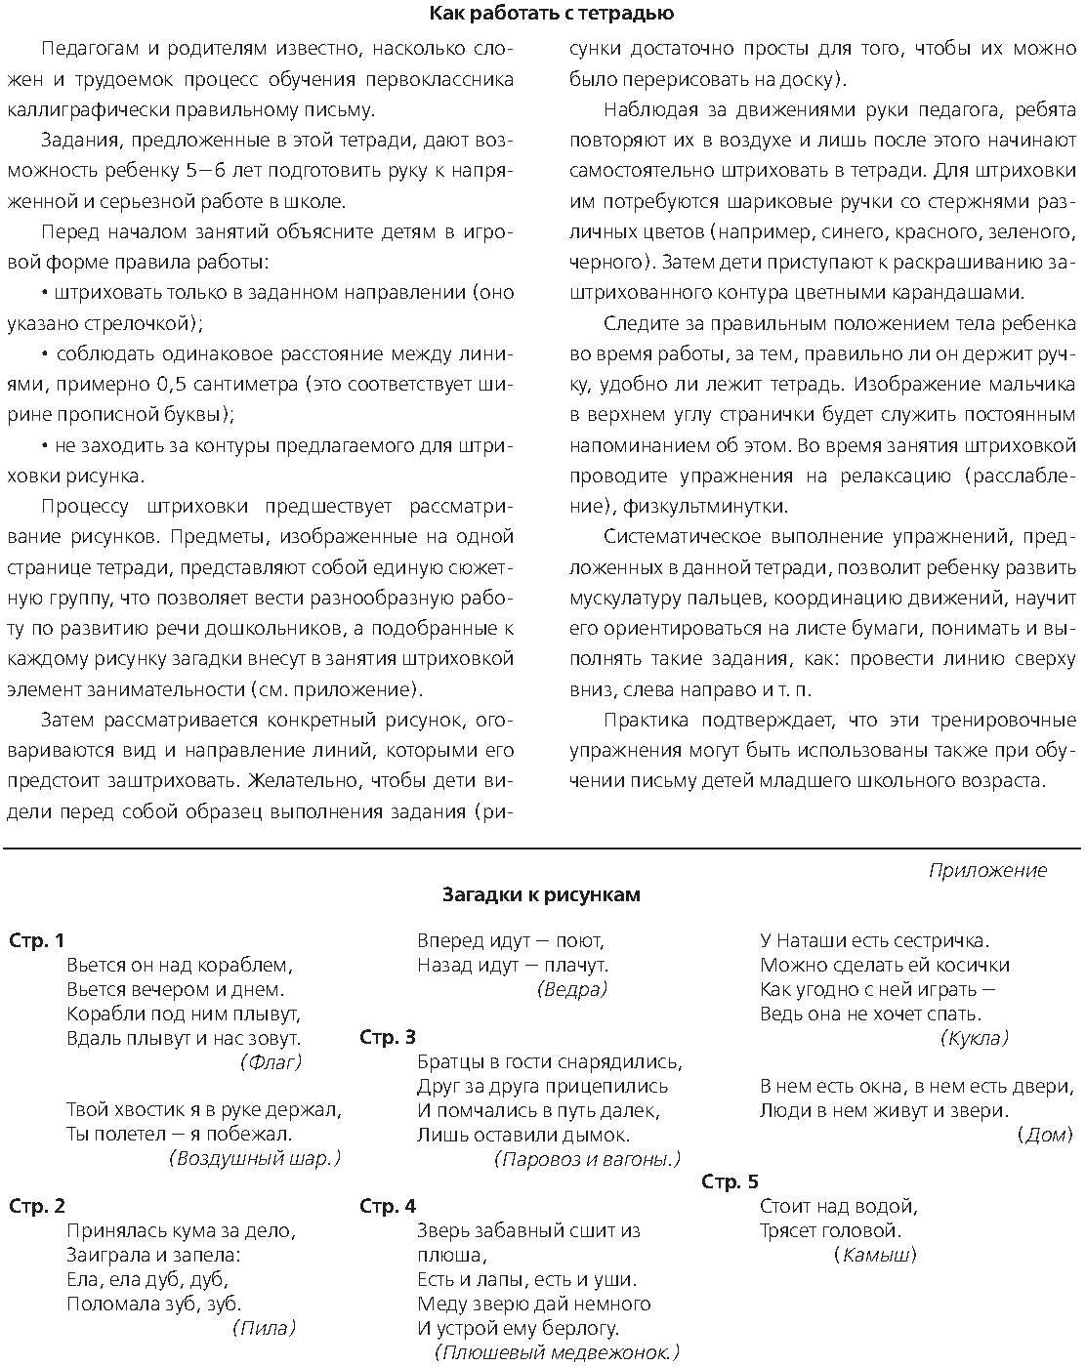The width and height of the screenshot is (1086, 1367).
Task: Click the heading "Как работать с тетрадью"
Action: pos(551,14)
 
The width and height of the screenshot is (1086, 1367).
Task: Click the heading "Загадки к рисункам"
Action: pos(542,894)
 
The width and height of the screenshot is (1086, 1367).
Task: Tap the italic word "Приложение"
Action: pos(986,870)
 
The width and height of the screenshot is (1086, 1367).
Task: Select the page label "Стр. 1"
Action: pos(36,941)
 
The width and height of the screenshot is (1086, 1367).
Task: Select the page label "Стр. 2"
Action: pos(36,1206)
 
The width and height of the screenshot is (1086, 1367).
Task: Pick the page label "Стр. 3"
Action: pos(388,1037)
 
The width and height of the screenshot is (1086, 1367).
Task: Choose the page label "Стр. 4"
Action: pos(388,1206)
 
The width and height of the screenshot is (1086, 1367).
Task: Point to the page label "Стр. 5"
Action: pos(730,1182)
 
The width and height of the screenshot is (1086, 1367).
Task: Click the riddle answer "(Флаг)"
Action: pos(271,1062)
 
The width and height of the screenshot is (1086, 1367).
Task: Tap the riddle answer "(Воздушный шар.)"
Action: pos(255,1158)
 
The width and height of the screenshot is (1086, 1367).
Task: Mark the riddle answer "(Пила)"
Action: pos(264,1328)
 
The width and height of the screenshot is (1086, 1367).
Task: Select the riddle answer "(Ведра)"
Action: pos(572,989)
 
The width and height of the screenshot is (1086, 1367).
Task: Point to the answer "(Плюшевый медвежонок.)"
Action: pos(556,1352)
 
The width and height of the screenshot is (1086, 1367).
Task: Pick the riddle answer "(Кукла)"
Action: pos(974,1038)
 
